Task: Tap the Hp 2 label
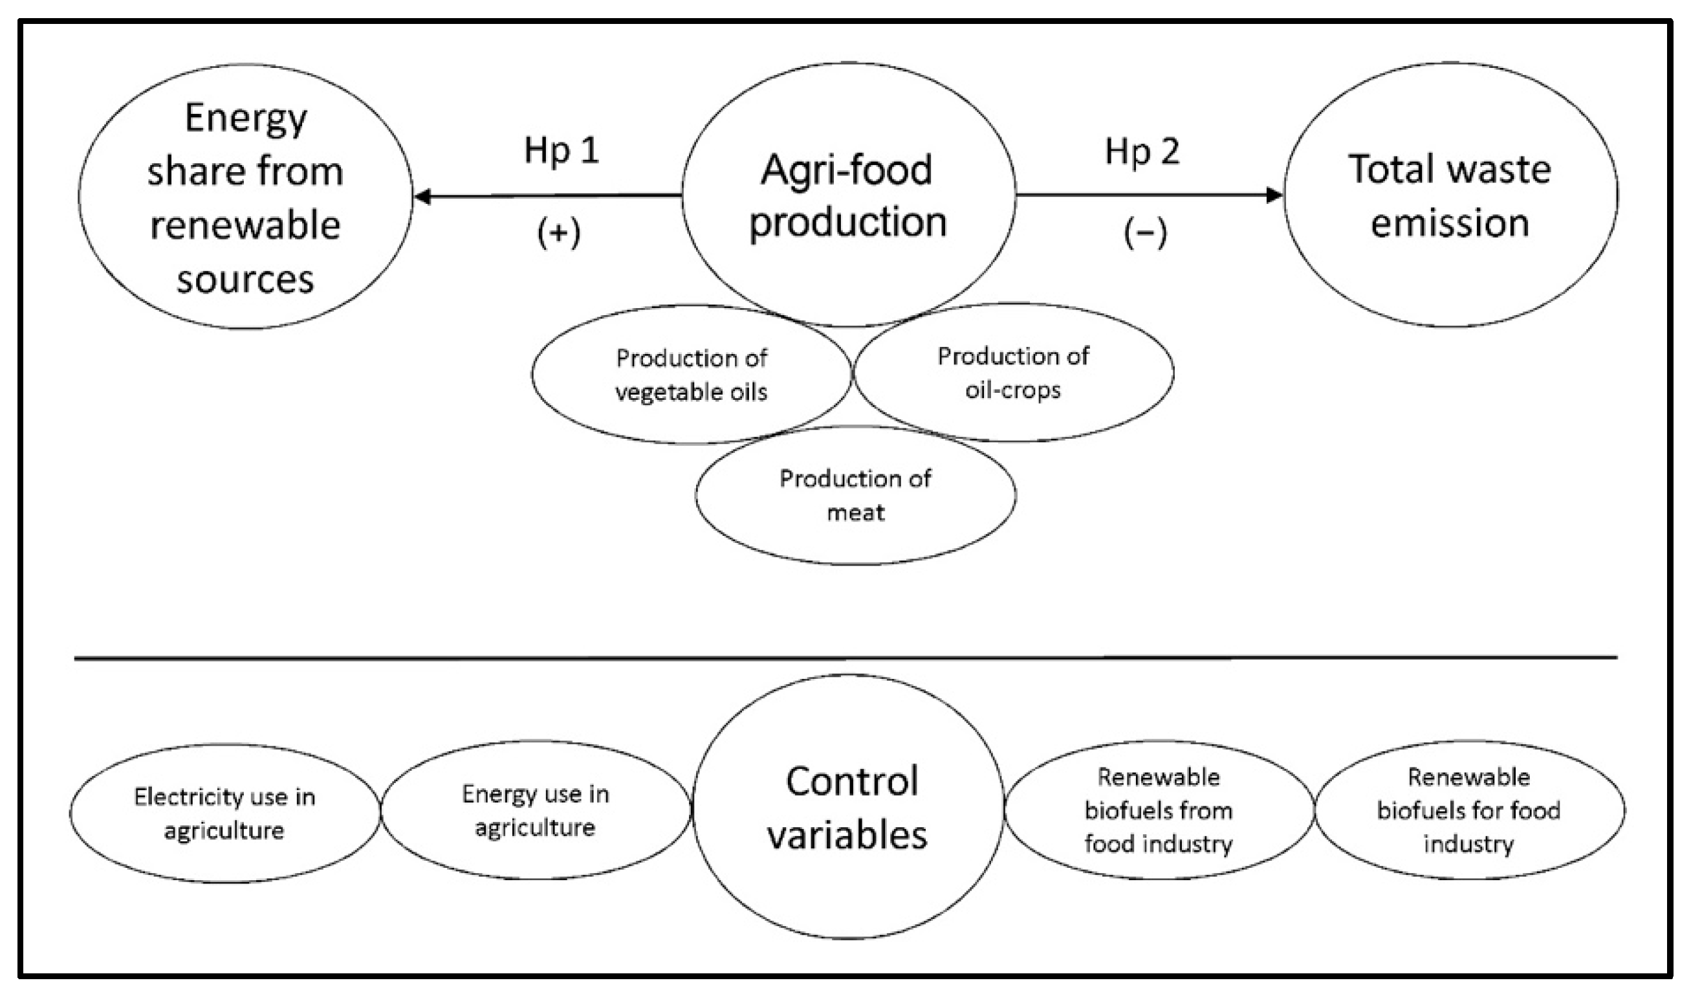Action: click(1141, 151)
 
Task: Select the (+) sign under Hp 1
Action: click(558, 233)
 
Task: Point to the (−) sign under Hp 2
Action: click(1145, 233)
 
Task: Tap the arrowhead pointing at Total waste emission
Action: click(1273, 195)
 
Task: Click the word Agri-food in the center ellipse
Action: click(846, 170)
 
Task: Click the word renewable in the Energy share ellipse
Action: click(245, 225)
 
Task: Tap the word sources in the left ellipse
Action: click(245, 279)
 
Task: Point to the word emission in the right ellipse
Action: click(1450, 223)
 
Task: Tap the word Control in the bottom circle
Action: click(851, 781)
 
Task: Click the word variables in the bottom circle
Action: click(847, 836)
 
